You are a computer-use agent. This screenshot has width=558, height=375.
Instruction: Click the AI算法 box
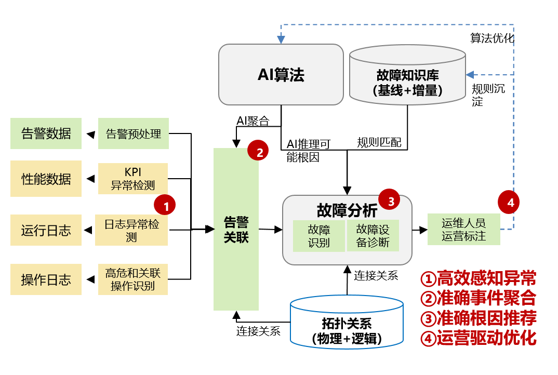(281, 75)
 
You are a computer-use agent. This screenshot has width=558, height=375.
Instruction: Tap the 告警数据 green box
(46, 133)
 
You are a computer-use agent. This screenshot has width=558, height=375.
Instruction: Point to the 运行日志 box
(46, 230)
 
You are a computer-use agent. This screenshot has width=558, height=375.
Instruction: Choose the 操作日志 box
(46, 279)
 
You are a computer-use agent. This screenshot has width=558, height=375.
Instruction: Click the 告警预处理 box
(134, 133)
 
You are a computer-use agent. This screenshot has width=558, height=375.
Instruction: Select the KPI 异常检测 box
(133, 179)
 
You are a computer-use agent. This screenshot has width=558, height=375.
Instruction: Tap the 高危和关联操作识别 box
(133, 279)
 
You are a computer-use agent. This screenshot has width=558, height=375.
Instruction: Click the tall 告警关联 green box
(236, 229)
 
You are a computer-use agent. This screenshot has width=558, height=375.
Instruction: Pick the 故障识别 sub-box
(318, 235)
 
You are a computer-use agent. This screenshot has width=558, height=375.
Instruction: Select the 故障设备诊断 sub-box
(373, 235)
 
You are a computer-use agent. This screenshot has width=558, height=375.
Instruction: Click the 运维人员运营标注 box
(463, 229)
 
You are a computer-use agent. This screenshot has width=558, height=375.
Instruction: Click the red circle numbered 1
(166, 206)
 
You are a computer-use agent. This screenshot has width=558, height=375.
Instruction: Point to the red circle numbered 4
(510, 203)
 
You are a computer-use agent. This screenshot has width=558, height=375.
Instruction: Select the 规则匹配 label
(379, 142)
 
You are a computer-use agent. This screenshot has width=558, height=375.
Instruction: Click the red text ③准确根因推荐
(478, 317)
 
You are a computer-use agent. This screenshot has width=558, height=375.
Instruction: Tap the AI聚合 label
(253, 121)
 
